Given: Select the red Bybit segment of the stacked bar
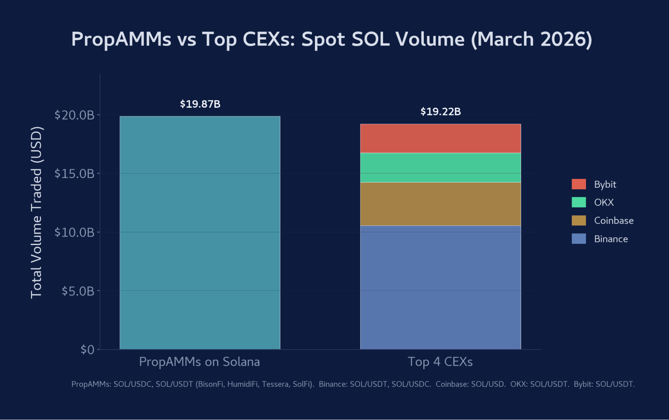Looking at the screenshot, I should coord(440,138).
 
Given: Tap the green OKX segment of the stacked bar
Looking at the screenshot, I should coord(440,168).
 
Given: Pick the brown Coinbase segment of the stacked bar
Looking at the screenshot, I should coord(440,204).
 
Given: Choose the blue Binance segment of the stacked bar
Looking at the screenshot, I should coord(440,288).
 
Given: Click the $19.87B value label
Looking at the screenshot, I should coord(200,104).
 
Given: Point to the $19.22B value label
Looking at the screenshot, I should coord(440,112).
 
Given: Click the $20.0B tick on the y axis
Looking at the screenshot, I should coord(74,115).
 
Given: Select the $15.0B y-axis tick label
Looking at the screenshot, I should coord(74,174).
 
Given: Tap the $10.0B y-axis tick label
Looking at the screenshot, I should coord(74,232).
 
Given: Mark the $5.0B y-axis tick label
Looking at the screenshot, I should coord(78,291).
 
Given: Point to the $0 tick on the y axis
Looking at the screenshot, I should coord(88,349).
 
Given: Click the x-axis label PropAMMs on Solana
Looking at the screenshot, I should coord(199,362).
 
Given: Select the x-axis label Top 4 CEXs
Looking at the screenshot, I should coord(440,362).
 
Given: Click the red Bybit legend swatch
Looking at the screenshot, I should coord(579,184).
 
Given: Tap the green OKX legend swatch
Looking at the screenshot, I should coord(579,202).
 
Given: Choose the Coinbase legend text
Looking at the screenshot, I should coord(614,221).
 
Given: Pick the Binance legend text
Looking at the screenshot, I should coord(611,239).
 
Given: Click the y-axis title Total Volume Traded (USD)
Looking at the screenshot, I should coord(36,212).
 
